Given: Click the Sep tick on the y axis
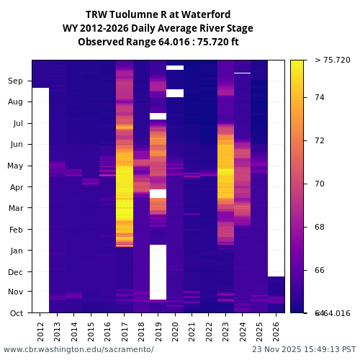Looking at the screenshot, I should [16, 81].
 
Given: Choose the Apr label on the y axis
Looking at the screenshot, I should [16, 187].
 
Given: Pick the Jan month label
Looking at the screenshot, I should [16, 251].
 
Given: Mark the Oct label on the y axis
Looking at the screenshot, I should [16, 313].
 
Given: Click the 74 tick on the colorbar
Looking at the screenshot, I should [320, 97].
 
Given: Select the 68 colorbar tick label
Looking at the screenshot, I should [320, 227].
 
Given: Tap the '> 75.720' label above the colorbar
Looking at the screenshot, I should [332, 60].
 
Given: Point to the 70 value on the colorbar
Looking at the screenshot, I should [320, 184].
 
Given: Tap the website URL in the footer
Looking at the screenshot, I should [78, 349].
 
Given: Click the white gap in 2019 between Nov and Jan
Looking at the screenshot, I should [158, 272].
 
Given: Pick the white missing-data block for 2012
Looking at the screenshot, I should [40, 200].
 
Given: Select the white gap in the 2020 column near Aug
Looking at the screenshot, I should [175, 93].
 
